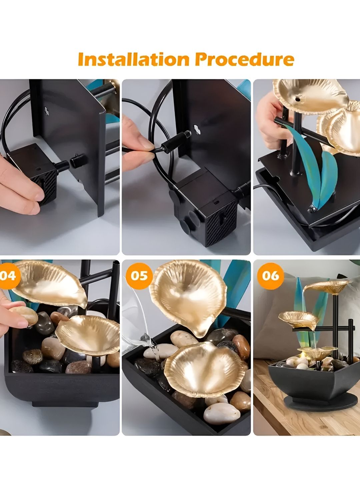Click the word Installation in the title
click(133, 59)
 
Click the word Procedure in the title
click(244, 59)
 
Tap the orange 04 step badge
click(9, 276)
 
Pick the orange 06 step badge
click(271, 276)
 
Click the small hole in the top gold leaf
click(298, 99)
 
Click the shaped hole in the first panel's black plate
click(47, 110)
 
